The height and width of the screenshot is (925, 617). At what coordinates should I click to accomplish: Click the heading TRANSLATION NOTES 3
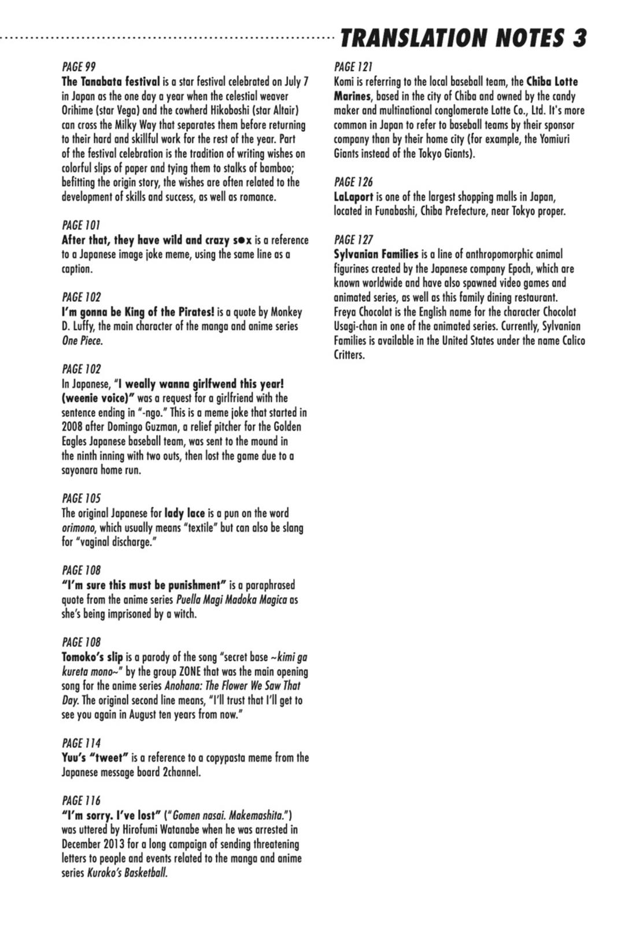[x=463, y=38]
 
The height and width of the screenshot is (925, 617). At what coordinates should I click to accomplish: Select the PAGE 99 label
[x=78, y=67]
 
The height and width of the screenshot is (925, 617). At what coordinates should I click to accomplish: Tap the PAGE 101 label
[x=80, y=225]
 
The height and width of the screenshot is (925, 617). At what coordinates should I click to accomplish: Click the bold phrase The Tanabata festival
[x=110, y=82]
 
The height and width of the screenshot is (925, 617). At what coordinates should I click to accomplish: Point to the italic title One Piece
[x=82, y=341]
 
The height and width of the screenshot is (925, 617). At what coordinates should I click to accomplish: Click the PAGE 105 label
[x=81, y=498]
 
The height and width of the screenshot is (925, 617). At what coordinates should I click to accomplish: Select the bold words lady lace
[x=184, y=513]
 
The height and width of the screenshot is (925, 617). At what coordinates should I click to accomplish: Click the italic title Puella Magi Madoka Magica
[x=231, y=600]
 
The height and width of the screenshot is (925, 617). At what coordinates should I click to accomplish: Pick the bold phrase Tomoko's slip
[x=92, y=657]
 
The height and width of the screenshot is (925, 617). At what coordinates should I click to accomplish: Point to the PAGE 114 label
[x=81, y=743]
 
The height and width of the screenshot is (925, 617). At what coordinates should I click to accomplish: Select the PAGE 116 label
[x=81, y=801]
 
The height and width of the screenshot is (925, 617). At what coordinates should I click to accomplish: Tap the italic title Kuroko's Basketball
[x=127, y=873]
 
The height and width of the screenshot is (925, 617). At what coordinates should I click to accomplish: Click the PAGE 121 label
[x=353, y=67]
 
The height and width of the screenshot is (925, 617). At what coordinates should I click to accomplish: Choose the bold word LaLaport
[x=353, y=197]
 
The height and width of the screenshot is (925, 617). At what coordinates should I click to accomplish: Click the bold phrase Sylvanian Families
[x=375, y=254]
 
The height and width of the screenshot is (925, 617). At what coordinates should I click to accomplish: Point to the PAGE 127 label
[x=353, y=239]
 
